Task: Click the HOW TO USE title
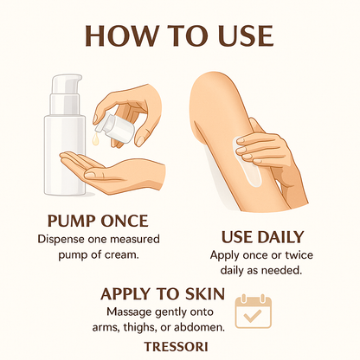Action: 179,36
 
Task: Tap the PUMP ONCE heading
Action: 98,221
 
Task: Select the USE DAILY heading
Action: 262,237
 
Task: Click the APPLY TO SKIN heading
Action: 163,294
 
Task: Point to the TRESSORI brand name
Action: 176,346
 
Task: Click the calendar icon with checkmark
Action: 254,312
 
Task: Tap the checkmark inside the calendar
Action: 253,316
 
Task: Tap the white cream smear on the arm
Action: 249,163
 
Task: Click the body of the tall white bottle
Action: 64,154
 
